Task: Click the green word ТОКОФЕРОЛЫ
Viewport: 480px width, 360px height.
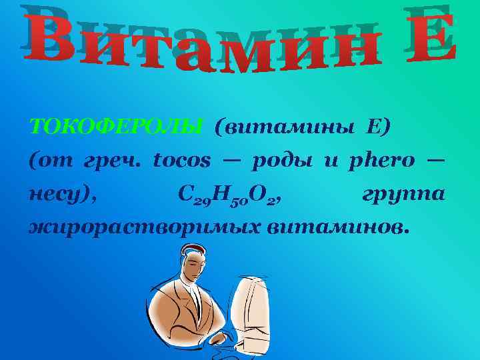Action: pyautogui.click(x=116, y=127)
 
